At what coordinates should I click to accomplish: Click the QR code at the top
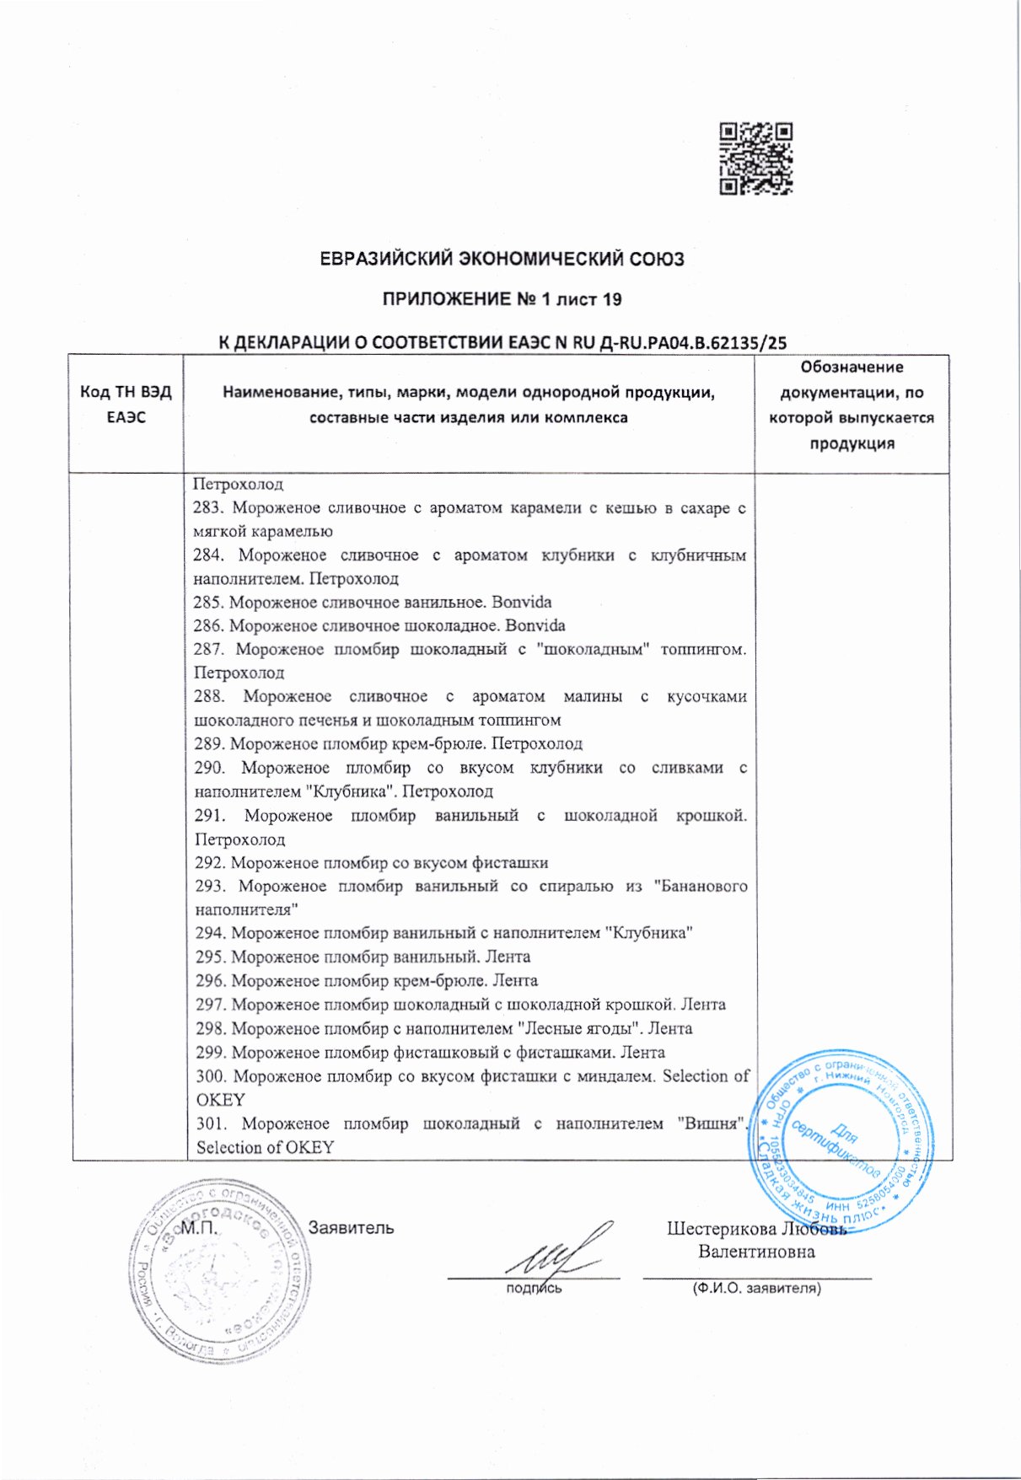755,159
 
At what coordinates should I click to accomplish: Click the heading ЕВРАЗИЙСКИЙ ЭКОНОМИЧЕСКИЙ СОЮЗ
502,259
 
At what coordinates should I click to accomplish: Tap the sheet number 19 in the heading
612,299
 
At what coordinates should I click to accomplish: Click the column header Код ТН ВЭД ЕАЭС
126,405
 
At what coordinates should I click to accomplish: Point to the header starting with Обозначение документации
852,405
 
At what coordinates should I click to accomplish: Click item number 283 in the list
208,508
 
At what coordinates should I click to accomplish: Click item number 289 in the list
210,744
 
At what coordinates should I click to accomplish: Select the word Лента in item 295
509,957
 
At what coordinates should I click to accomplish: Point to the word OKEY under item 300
220,1100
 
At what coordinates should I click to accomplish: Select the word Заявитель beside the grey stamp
351,1228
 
